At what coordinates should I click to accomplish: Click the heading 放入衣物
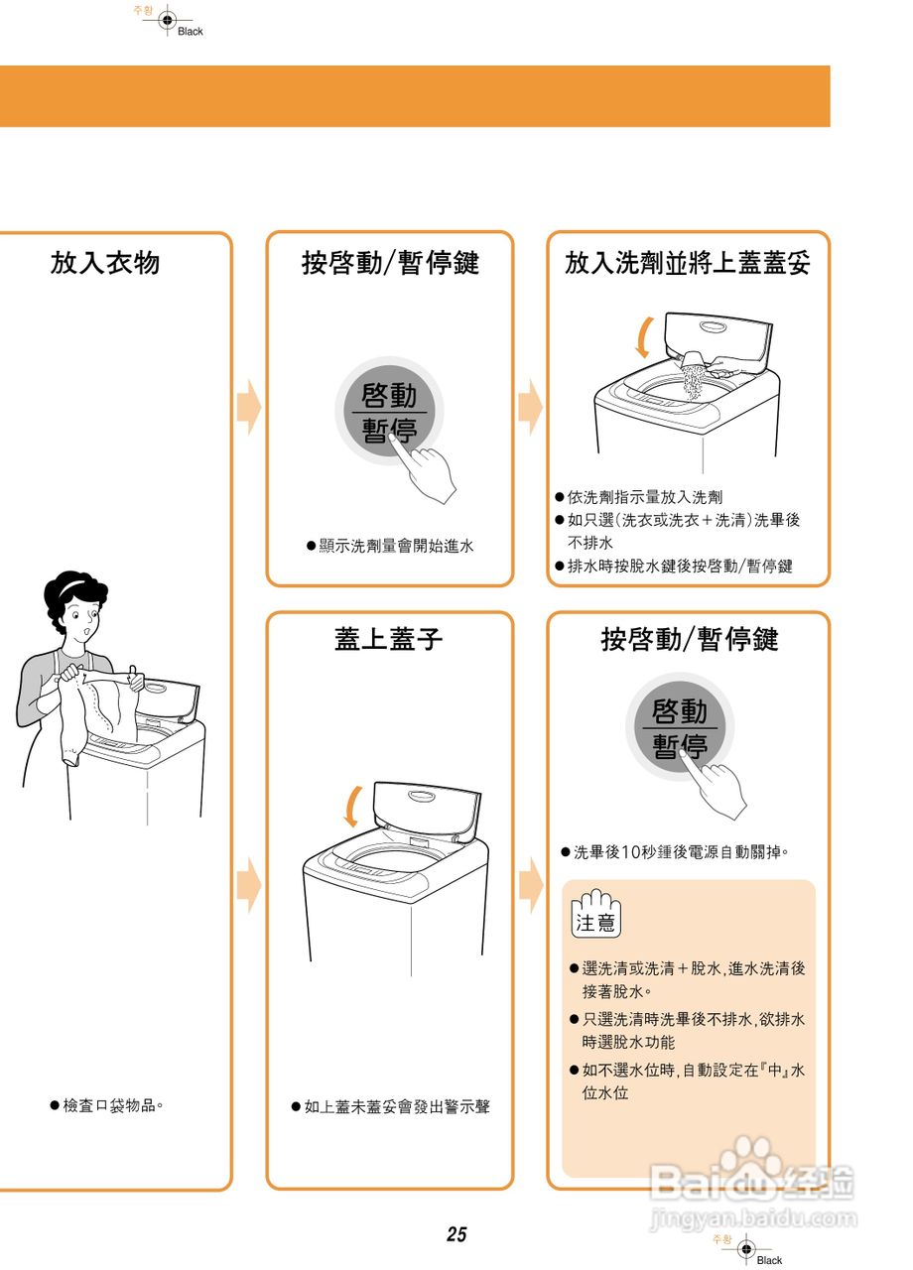click(x=105, y=263)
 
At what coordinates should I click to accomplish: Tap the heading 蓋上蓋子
click(x=389, y=639)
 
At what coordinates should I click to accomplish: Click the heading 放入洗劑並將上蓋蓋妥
click(x=688, y=263)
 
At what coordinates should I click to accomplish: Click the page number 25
click(x=456, y=1234)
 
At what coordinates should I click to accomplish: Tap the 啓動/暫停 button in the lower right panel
click(x=680, y=728)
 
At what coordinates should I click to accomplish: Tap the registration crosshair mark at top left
click(x=167, y=19)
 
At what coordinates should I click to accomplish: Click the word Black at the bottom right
click(x=769, y=1260)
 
